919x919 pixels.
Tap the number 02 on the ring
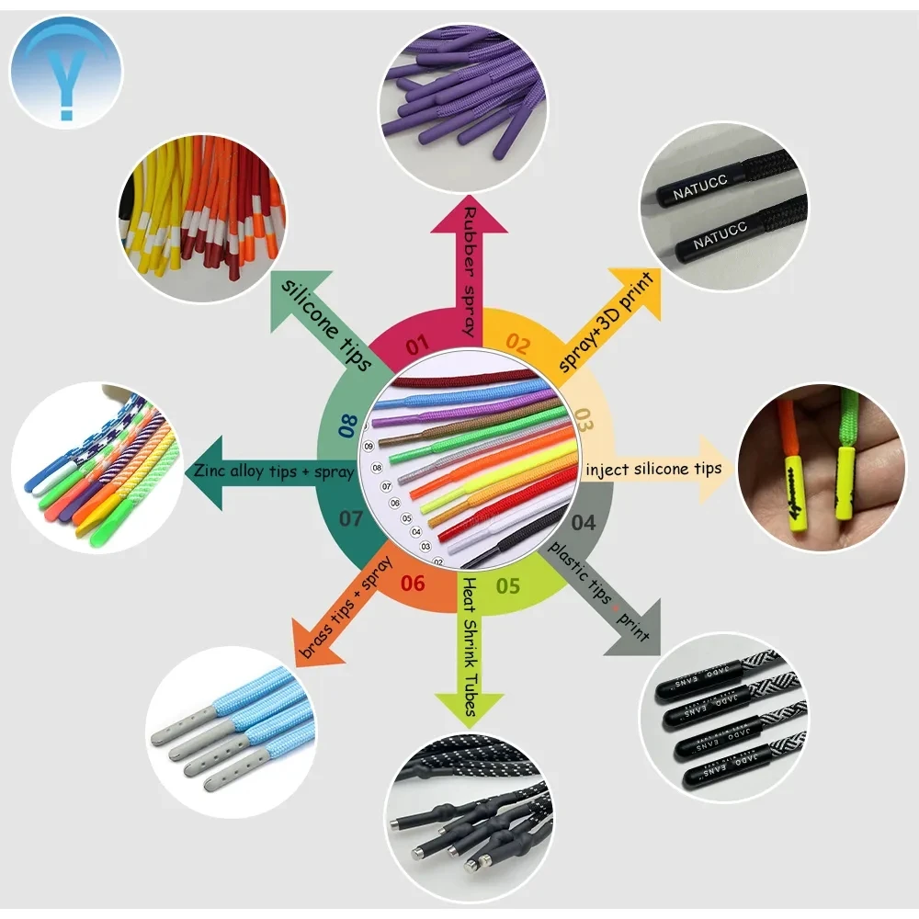[517, 346]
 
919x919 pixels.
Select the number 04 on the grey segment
[584, 523]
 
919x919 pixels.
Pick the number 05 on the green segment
[507, 585]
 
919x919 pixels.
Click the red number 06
[413, 583]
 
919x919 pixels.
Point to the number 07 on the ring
[350, 518]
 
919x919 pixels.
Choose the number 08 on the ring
[347, 425]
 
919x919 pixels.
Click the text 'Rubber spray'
[471, 270]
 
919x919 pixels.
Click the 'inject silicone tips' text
[652, 469]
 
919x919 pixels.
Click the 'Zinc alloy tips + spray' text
[273, 471]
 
